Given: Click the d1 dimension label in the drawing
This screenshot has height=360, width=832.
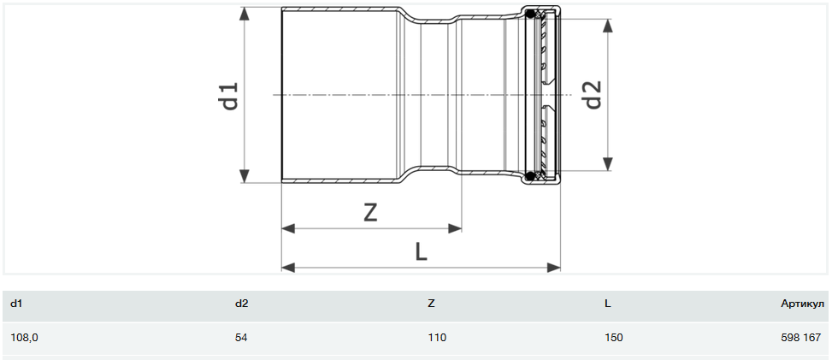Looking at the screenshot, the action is coord(231,96).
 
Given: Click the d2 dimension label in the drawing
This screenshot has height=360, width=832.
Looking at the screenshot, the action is coord(593,95).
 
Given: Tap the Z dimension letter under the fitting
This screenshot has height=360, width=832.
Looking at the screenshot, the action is coord(370,213).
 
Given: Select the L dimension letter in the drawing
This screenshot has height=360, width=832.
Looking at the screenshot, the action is coord(421,252).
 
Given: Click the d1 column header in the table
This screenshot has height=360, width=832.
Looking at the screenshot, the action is coord(16,304).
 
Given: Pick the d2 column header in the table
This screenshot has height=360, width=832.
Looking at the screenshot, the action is coord(241,304).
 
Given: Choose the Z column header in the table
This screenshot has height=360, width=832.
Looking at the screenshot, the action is coord(431,304).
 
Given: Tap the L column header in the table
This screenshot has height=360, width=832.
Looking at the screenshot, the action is coord(608,304).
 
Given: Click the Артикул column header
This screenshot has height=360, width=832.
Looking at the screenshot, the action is coord(802,304).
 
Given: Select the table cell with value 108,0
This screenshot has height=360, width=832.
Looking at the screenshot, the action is coord(24,337).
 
